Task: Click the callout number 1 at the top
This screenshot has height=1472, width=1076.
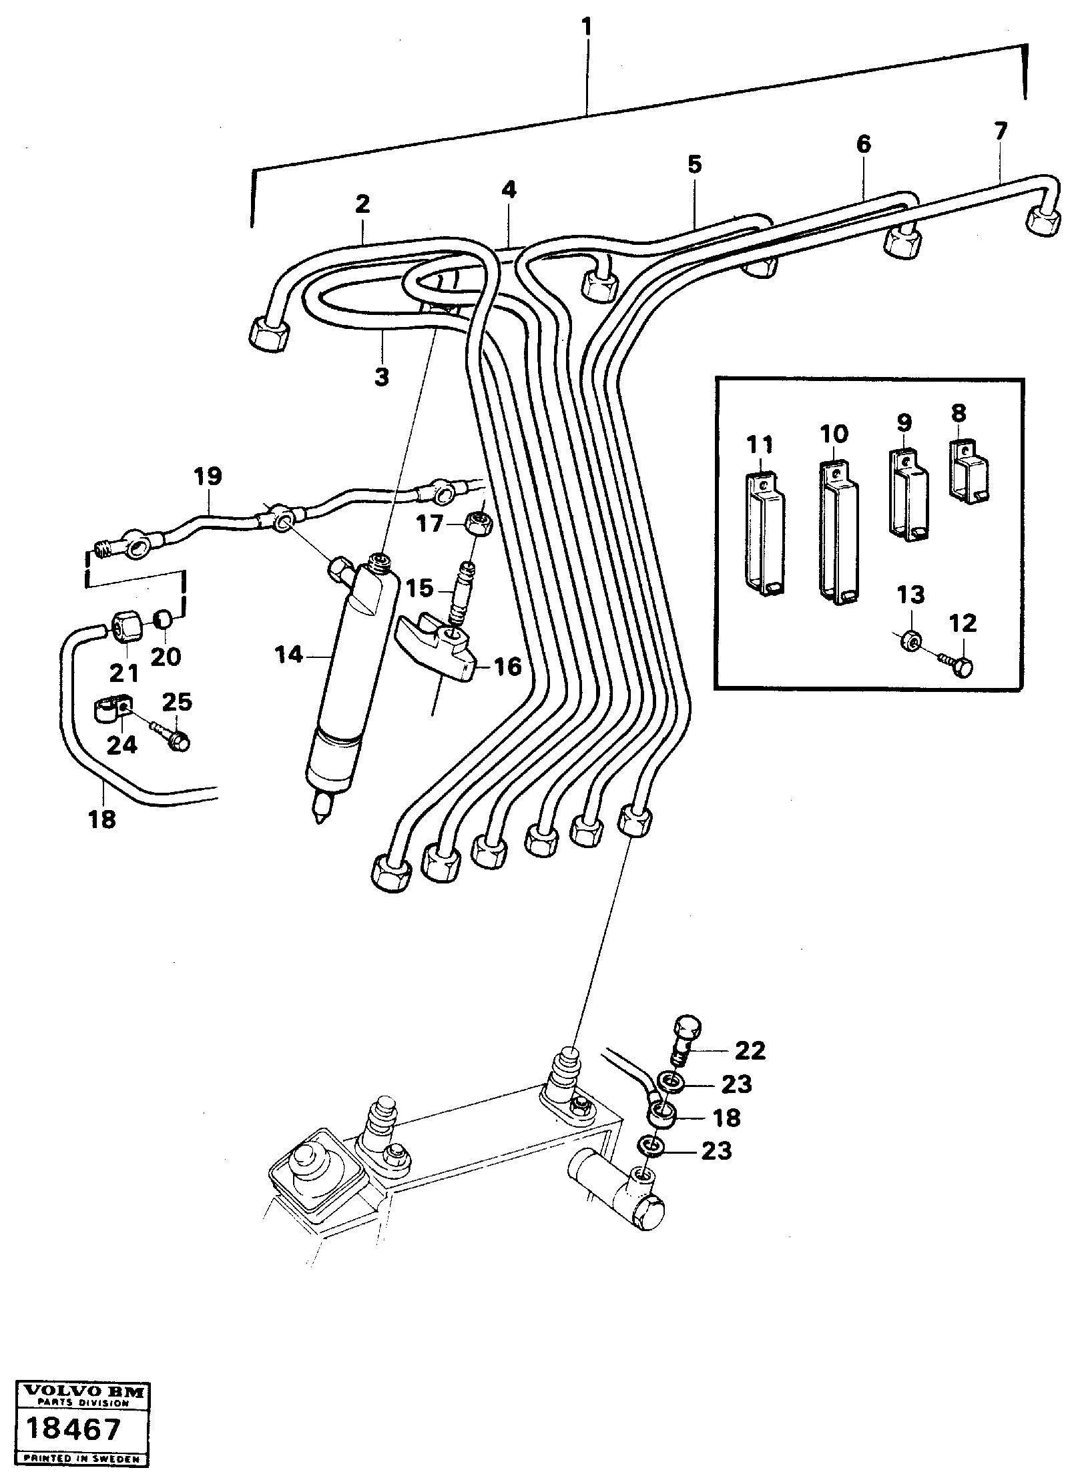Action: coord(586,28)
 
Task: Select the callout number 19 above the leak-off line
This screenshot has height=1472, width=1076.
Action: coord(208,478)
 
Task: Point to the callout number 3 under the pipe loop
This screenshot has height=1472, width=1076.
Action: coord(380,378)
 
